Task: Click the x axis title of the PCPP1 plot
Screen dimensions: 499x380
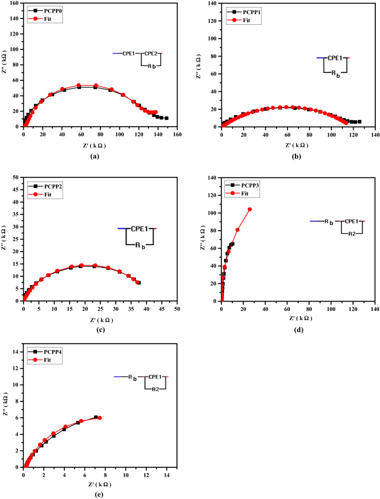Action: click(x=298, y=145)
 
